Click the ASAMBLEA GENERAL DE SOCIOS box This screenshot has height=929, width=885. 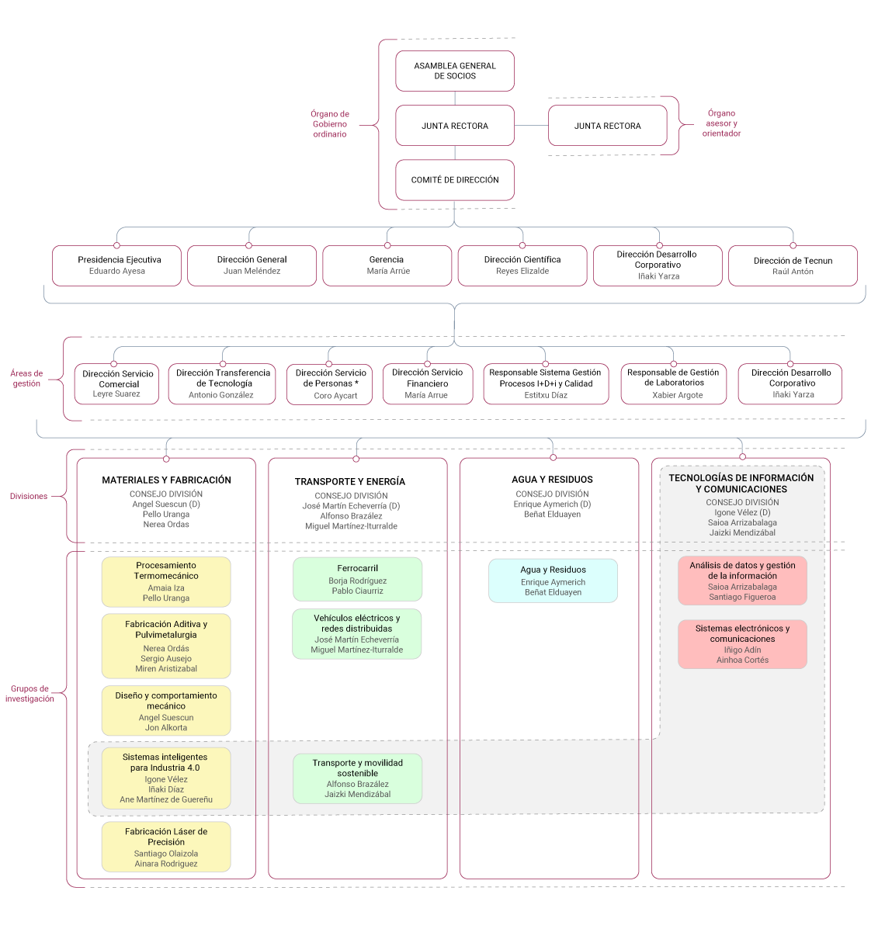click(x=455, y=71)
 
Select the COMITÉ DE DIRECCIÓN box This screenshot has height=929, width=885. click(x=455, y=179)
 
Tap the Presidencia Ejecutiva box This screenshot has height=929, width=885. click(x=116, y=265)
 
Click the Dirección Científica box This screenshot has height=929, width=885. click(x=522, y=265)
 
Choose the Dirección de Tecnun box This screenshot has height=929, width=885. click(x=793, y=265)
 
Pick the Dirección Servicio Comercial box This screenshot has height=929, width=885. click(x=116, y=384)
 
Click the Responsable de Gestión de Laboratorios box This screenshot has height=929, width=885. click(x=673, y=384)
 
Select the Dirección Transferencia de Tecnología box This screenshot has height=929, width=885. click(x=222, y=384)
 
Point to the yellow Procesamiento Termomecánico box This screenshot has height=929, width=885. click(x=166, y=582)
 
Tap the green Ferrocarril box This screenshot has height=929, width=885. click(x=357, y=579)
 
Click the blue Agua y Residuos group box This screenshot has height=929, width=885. click(x=553, y=581)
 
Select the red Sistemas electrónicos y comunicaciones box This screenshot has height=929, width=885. click(x=742, y=644)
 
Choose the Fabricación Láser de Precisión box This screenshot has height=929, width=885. click(x=166, y=847)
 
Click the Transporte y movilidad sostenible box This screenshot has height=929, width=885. click(x=357, y=778)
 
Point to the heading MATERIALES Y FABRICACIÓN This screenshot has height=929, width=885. click(x=167, y=480)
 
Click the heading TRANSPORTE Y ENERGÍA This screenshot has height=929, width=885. click(x=350, y=482)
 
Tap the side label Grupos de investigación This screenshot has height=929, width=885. click(x=29, y=694)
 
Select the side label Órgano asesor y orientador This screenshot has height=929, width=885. click(x=721, y=123)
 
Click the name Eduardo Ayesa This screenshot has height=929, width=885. click(x=116, y=271)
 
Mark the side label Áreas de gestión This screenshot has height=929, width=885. click(x=26, y=379)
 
